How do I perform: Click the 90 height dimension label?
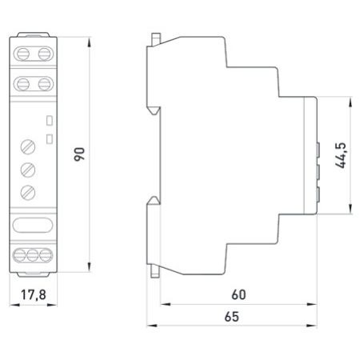pyautogui.click(x=79, y=154)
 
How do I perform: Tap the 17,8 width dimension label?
pyautogui.click(x=34, y=294)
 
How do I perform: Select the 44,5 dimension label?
pyautogui.click(x=341, y=155)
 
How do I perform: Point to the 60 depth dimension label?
pyautogui.click(x=238, y=294)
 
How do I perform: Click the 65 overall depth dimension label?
pyautogui.click(x=232, y=317)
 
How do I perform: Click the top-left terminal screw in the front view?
pyautogui.click(x=23, y=54)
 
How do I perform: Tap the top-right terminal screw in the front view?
pyautogui.click(x=44, y=54)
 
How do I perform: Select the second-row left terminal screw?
pyautogui.click(x=23, y=84)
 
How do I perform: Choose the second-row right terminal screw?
pyautogui.click(x=44, y=84)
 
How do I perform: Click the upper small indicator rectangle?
pyautogui.click(x=50, y=121)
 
